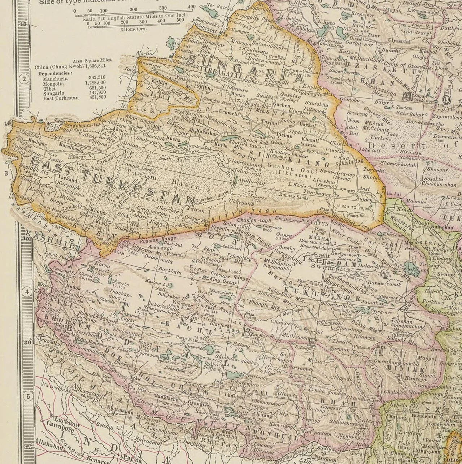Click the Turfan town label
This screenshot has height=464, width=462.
[269, 123]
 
